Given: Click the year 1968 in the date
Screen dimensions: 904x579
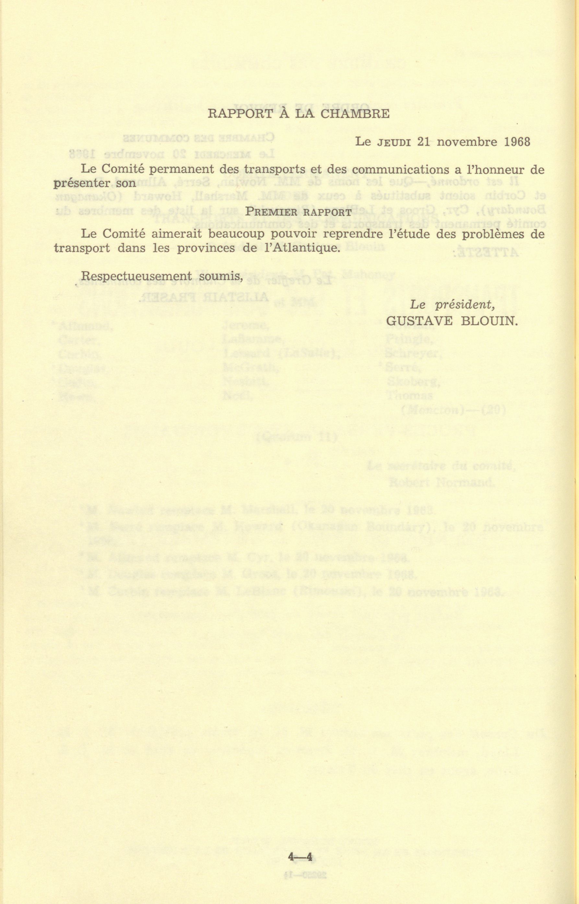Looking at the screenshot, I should point(517,142).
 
